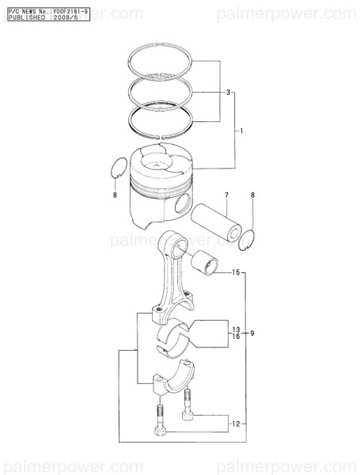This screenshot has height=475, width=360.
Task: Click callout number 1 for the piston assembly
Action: (241, 129)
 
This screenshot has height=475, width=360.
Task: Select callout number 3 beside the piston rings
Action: (228, 93)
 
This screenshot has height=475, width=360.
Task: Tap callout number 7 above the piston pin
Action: (225, 195)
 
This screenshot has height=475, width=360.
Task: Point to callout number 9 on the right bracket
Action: (252, 332)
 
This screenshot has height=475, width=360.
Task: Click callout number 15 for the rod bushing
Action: (235, 273)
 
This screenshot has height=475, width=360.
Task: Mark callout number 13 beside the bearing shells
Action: (235, 328)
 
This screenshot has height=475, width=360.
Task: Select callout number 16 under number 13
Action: (235, 336)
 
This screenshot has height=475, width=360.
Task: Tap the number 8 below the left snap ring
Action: (114, 194)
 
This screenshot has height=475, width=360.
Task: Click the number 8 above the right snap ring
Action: (252, 195)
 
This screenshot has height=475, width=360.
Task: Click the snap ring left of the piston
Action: (117, 168)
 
